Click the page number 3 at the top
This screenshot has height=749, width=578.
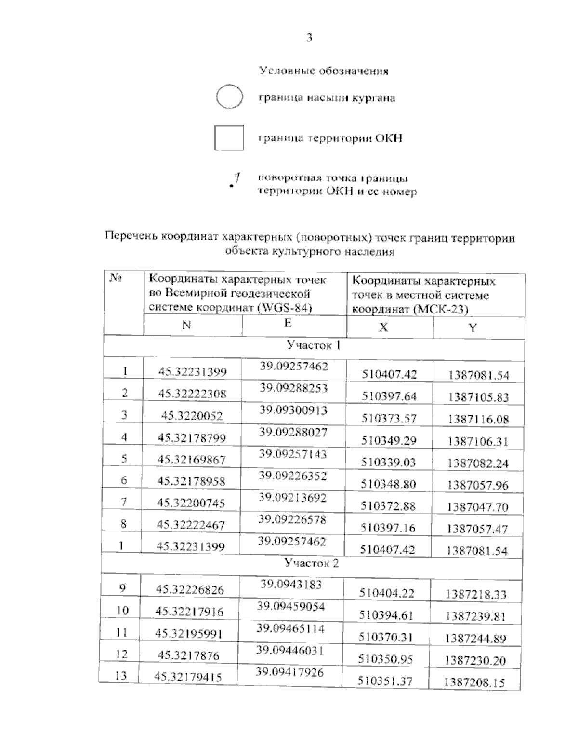pos(309,38)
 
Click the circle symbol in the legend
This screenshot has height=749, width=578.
pos(229,97)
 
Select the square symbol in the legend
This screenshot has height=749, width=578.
pos(229,138)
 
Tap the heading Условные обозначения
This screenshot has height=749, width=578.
pos(324,71)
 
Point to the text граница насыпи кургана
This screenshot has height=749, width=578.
pos(327,98)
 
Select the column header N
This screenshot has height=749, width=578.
pos(186,325)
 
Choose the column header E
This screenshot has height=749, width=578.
pos(288,323)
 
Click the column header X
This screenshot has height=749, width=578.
pos(383,327)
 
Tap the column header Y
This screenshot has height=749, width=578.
pos(473,328)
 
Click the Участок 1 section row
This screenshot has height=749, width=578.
pos(313,345)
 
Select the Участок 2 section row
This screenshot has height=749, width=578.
pos(312,563)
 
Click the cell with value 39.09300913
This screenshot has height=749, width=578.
pos(293,410)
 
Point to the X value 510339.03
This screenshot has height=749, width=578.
pos(388,462)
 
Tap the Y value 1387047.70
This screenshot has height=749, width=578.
pos(477,507)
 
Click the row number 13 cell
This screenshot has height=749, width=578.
pos(121,676)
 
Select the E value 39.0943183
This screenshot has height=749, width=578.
pos(291,585)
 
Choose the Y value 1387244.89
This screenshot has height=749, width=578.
pos(475,639)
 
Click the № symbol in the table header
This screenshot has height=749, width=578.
pos(115,278)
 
